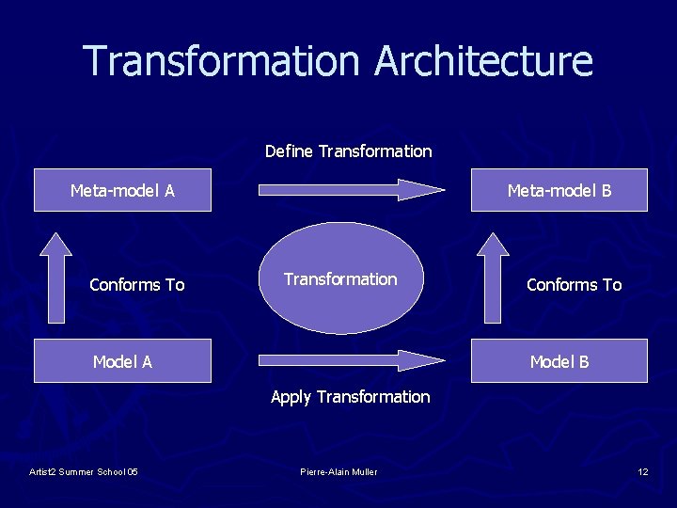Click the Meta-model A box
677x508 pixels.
click(122, 191)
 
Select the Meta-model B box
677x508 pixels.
click(559, 191)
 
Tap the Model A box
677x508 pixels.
click(122, 361)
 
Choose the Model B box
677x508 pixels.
click(559, 361)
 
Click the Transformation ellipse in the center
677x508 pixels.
click(340, 278)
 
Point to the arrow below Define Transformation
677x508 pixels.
click(351, 189)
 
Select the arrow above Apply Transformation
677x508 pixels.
click(351, 360)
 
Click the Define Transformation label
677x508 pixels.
click(348, 151)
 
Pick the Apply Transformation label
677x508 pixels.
click(350, 397)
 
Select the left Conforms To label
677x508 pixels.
click(136, 285)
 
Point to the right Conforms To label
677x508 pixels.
click(574, 285)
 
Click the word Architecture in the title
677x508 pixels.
click(483, 61)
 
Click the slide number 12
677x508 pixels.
click(642, 471)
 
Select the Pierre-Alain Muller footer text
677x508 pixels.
click(338, 471)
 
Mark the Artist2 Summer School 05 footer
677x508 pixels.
click(84, 471)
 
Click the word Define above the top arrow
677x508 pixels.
click(289, 151)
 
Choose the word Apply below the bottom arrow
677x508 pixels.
click(291, 397)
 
